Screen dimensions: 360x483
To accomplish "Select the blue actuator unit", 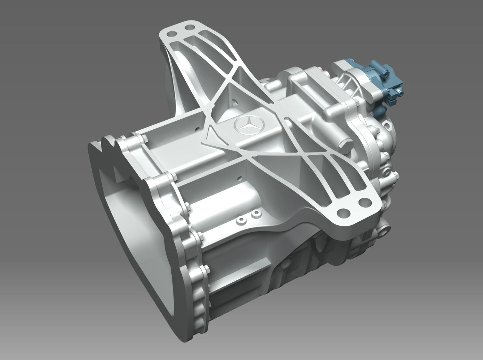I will click(x=381, y=81).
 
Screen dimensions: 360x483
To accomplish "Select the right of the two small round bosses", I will click(x=256, y=214).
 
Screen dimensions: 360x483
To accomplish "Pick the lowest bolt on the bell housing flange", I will click(x=206, y=269).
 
